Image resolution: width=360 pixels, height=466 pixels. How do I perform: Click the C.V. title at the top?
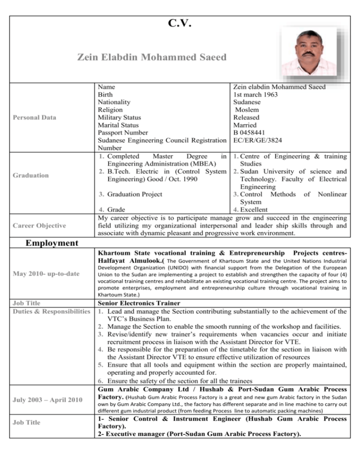click(x=180, y=24)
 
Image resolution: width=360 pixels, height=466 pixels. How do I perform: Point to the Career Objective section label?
click(x=39, y=225)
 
